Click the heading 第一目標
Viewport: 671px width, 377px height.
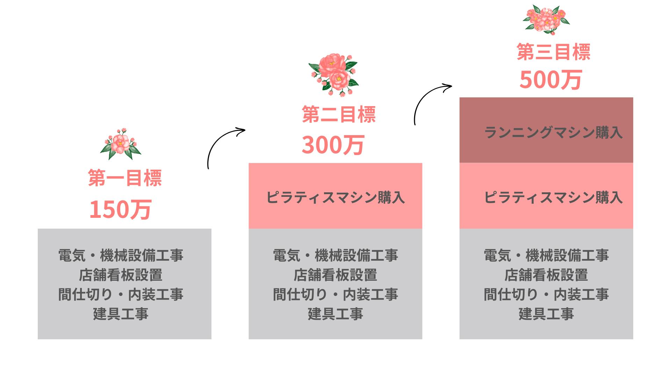point(125,178)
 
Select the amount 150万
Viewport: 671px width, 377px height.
point(120,209)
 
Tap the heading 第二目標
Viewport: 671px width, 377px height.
point(339,114)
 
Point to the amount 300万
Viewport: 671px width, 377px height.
point(333,145)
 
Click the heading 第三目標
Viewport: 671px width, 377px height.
point(554,52)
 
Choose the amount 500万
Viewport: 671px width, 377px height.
point(550,80)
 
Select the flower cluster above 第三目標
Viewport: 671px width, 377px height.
point(546,19)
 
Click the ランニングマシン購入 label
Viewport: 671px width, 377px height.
point(553,133)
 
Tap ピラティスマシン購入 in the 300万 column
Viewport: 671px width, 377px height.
point(335,198)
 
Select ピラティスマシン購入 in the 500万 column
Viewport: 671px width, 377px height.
point(553,198)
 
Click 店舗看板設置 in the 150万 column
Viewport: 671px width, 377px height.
point(121,275)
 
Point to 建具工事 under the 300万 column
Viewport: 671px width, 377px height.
point(335,314)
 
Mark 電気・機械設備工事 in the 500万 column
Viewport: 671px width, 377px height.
point(546,256)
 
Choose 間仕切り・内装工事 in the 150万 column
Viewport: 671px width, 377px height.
point(121,295)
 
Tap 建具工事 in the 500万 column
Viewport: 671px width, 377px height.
point(546,314)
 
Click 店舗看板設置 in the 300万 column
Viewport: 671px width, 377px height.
point(335,275)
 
